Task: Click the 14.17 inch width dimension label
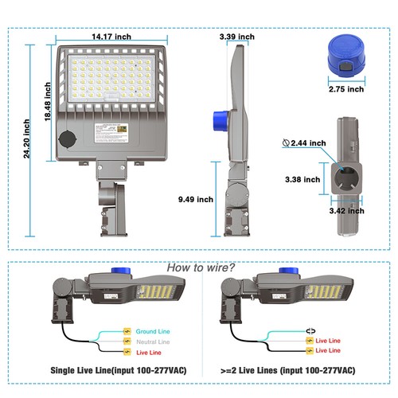pos(111,36)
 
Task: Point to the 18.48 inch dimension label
pos(49,104)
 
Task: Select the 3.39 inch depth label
pos(236,37)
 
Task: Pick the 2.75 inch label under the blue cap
pos(347,89)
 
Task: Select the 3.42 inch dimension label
pos(347,213)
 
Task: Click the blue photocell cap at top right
pos(346,56)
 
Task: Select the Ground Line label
pos(152,331)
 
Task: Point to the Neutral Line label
pos(153,341)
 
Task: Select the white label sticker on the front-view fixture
pos(111,131)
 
